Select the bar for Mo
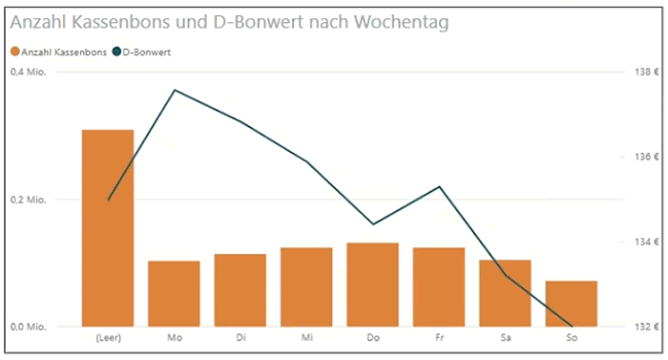[174, 293]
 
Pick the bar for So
[571, 304]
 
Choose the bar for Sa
[505, 293]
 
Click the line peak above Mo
[174, 90]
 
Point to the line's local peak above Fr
[439, 186]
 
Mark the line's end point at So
[571, 326]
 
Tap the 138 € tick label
[646, 73]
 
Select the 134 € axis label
[646, 243]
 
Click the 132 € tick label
[646, 327]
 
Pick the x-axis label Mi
[306, 337]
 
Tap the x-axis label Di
[240, 337]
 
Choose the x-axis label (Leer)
[108, 337]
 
